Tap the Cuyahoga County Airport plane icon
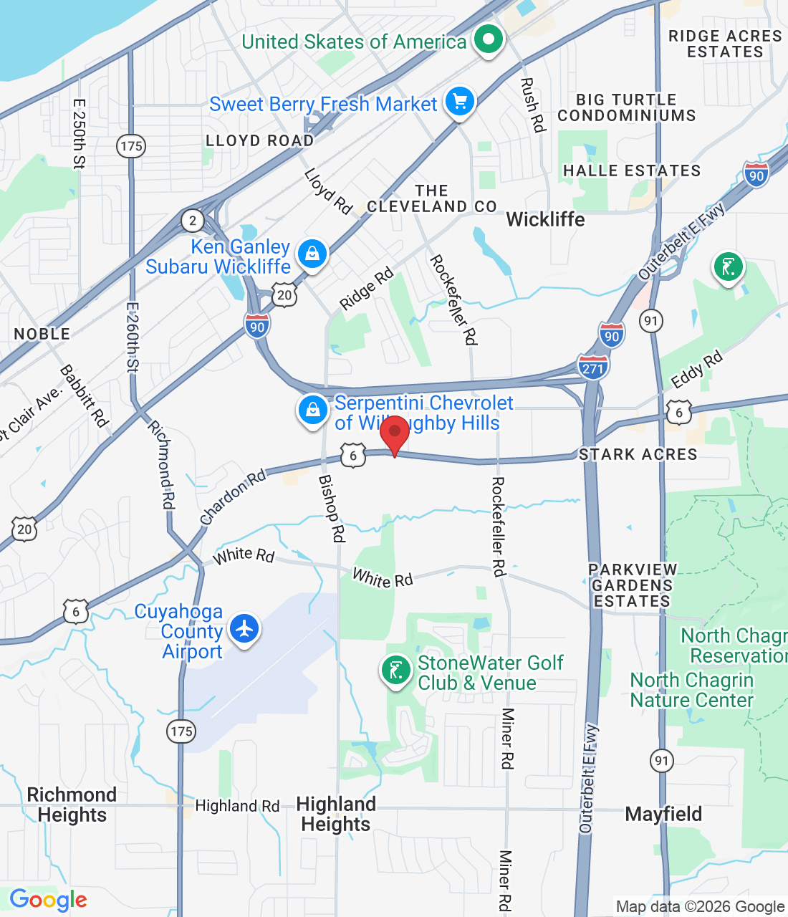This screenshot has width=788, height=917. (x=244, y=629)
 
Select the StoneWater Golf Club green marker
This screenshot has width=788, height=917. (x=395, y=671)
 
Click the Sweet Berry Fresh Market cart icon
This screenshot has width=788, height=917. (x=460, y=101)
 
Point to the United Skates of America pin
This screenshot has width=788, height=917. (x=489, y=39)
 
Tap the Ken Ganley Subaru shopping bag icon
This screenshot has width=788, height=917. (x=312, y=254)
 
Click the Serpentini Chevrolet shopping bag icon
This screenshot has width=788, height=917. (x=313, y=411)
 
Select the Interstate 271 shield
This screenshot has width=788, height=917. (x=592, y=367)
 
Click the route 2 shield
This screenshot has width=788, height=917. (x=192, y=220)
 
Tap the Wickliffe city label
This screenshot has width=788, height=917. (x=545, y=219)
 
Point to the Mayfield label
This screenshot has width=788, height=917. (x=663, y=814)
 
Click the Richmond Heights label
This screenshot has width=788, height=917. (x=72, y=805)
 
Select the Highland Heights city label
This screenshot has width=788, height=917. (x=336, y=814)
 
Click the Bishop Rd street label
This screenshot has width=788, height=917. (x=332, y=508)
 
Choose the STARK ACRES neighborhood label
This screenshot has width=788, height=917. (x=638, y=454)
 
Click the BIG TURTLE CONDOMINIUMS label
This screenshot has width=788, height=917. (x=626, y=107)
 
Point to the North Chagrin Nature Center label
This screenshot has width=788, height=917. (x=691, y=690)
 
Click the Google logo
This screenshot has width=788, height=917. (x=48, y=900)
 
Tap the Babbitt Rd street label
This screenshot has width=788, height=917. (x=85, y=396)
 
